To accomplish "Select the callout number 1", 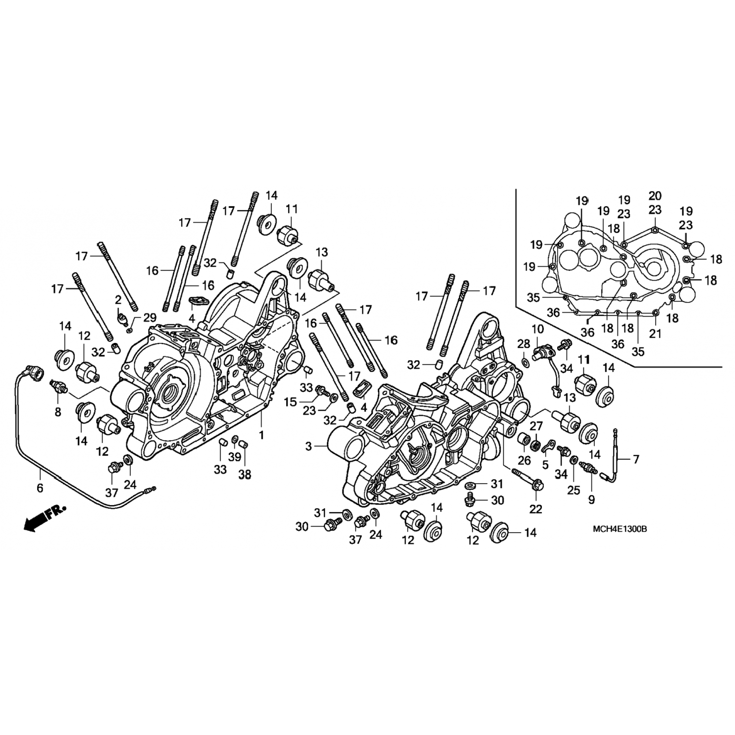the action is [261, 435].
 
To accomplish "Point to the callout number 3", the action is [308, 446].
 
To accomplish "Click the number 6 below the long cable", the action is [40, 488].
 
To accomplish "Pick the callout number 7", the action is [636, 459].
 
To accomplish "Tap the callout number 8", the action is [58, 413].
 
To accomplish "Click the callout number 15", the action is [291, 402].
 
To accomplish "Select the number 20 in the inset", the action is [655, 196].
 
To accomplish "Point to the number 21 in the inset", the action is [655, 334].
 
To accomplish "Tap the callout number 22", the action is [536, 509].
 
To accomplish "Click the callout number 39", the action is [235, 457].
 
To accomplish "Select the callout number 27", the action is [537, 426].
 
